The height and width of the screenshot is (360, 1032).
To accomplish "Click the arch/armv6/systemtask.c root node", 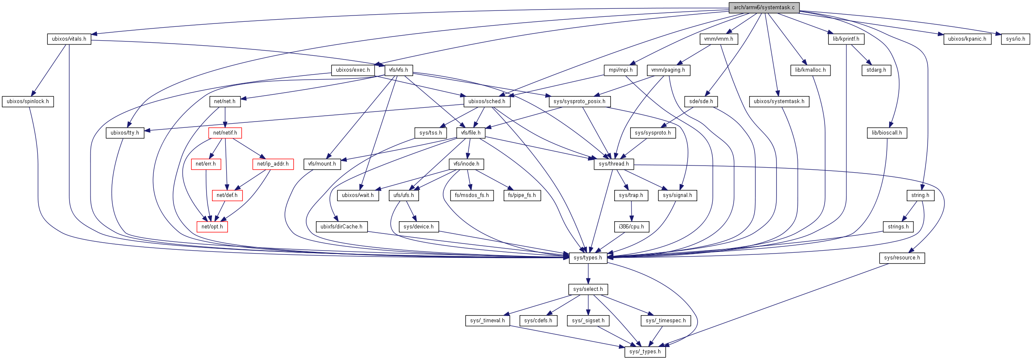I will (x=763, y=8).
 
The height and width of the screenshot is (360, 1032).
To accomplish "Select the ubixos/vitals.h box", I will (x=69, y=39).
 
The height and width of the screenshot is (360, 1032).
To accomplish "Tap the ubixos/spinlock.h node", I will (x=28, y=101).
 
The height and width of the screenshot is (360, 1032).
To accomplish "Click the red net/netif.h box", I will (x=225, y=133).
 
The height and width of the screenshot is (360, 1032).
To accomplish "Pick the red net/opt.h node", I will (x=212, y=227).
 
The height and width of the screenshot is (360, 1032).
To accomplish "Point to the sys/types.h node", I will (x=587, y=258).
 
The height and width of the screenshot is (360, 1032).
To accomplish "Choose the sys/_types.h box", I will (x=645, y=352).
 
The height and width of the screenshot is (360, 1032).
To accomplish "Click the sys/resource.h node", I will (x=902, y=258).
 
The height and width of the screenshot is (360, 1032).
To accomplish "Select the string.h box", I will (x=920, y=195).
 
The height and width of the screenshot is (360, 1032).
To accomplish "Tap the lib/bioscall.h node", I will (x=887, y=133).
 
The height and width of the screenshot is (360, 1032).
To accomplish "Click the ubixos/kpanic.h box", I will (x=967, y=39).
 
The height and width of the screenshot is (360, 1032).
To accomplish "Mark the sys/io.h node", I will (x=1015, y=39).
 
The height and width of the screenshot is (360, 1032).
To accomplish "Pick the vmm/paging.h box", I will (x=668, y=70).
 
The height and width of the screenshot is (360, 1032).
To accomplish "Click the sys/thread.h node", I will (x=613, y=164).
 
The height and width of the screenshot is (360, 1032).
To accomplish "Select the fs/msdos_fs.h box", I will (x=472, y=195).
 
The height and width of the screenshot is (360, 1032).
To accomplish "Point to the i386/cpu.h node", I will (x=631, y=227).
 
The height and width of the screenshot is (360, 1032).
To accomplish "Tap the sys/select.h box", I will (x=588, y=289).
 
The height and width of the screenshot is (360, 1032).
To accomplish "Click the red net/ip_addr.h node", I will (x=273, y=164).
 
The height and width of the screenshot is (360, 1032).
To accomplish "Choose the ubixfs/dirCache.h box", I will (x=341, y=227).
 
